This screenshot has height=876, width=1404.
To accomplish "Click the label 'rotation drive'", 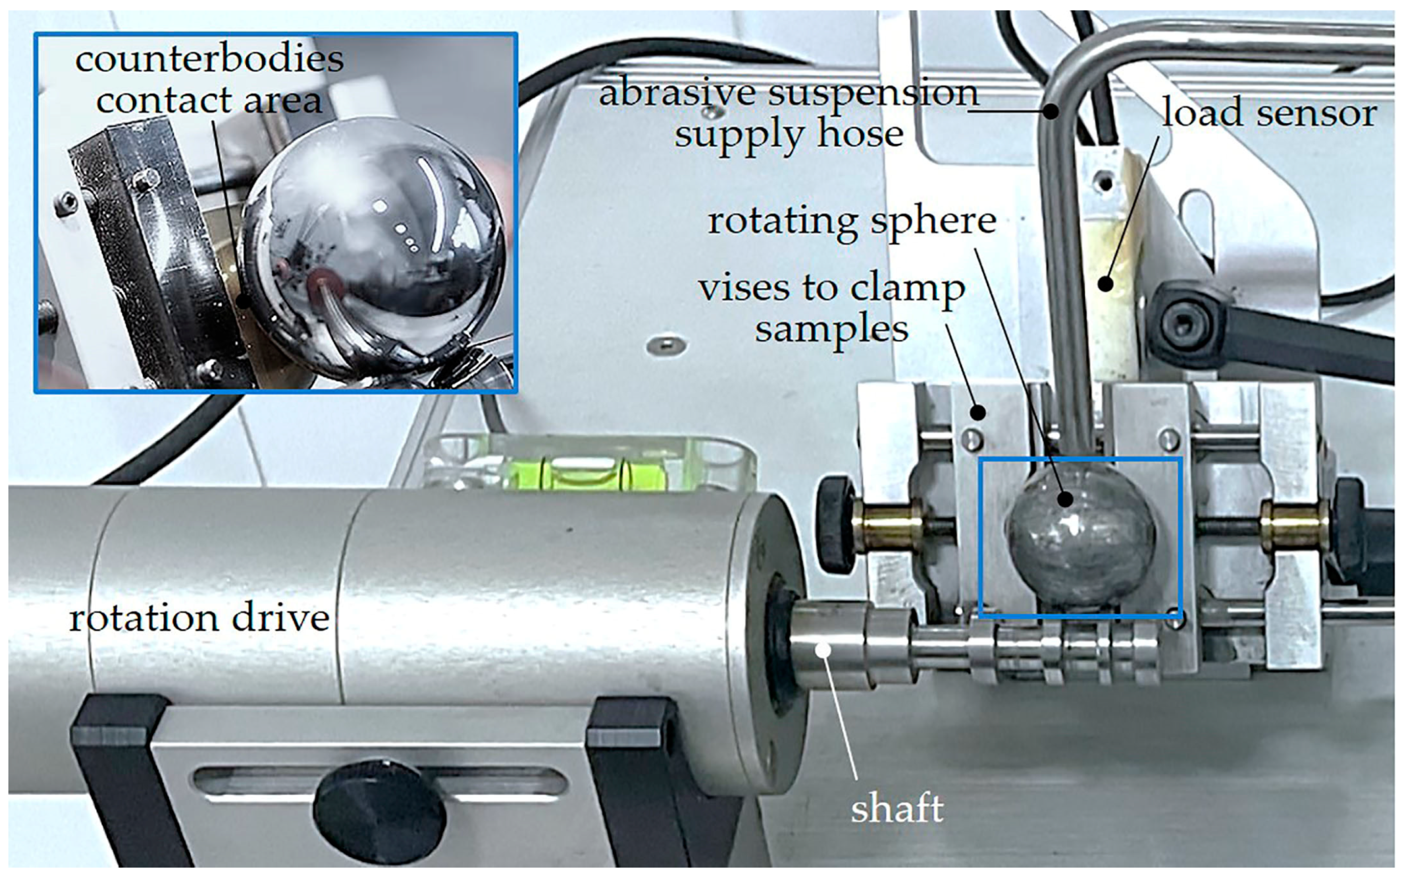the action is coord(199,618).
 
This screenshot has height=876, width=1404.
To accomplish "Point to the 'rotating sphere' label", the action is coord(852,222).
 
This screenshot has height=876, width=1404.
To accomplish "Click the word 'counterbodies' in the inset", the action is coord(209,59).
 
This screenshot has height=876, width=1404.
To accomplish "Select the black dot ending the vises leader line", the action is coord(978,412).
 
